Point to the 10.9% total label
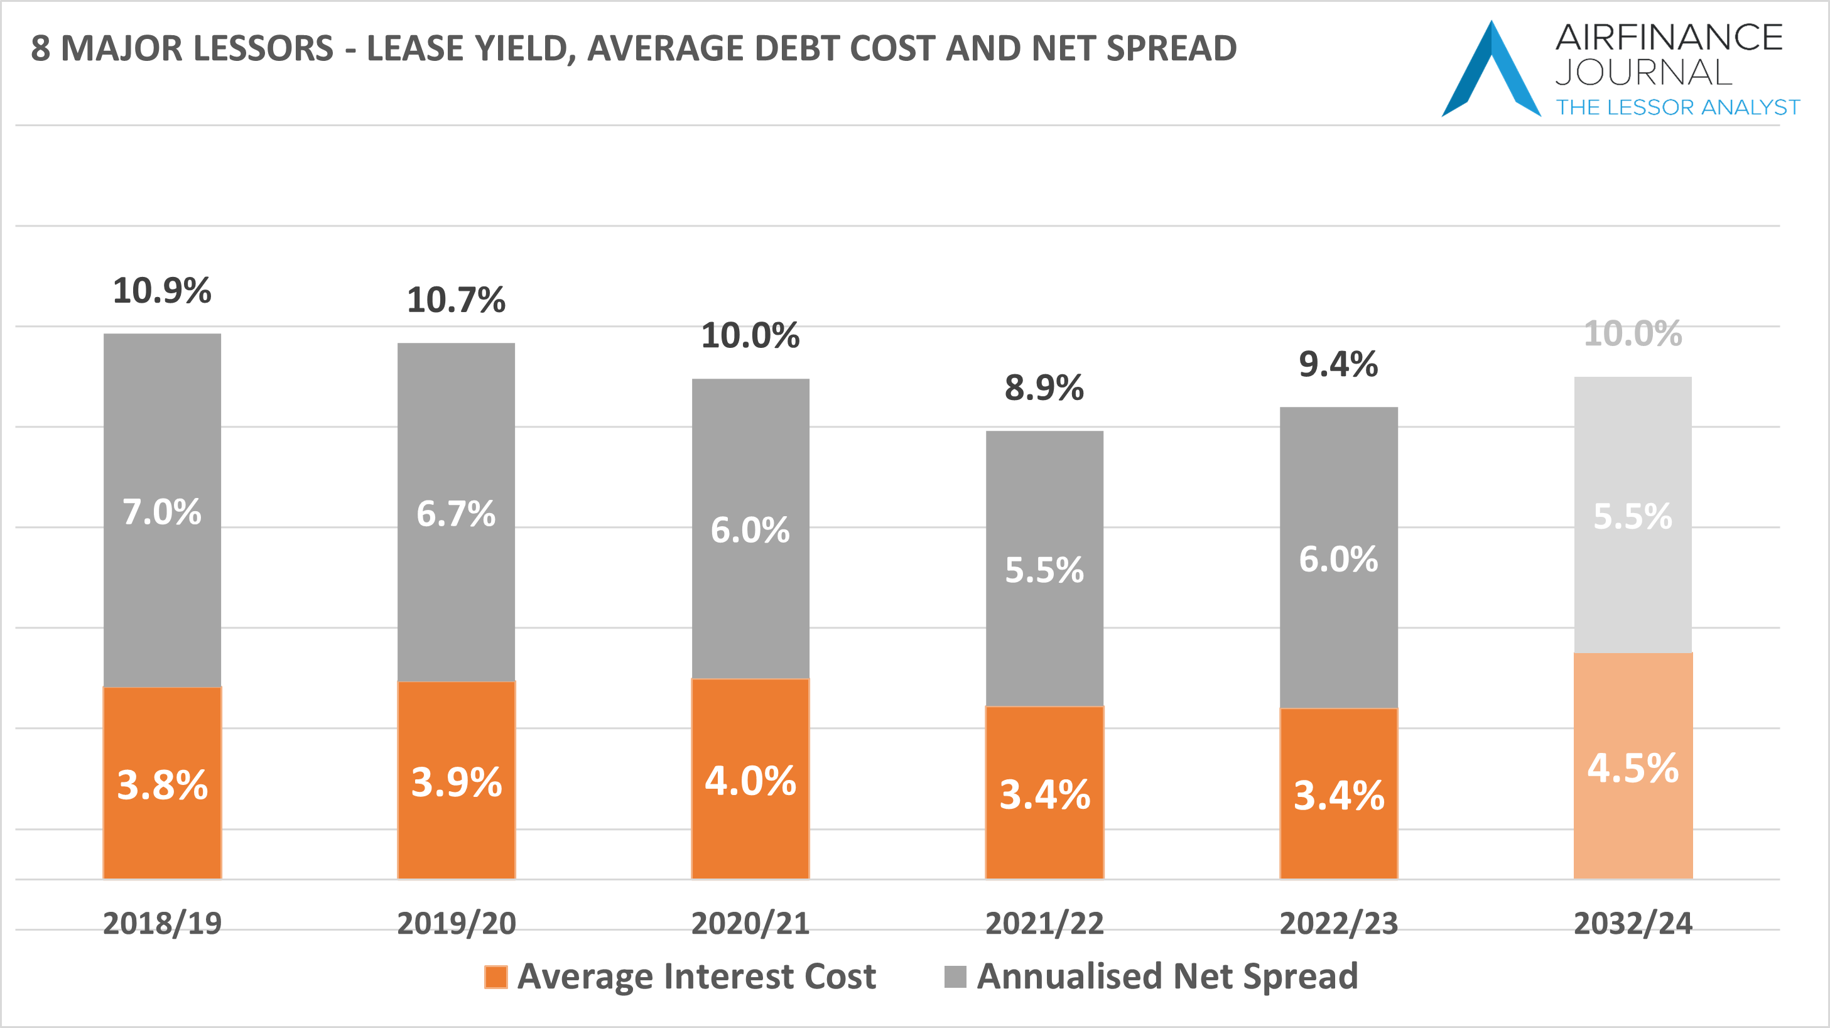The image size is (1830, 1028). (x=162, y=291)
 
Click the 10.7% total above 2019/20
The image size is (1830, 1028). (x=456, y=300)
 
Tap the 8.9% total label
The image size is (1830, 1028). (x=1044, y=388)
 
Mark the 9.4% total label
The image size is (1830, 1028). (x=1338, y=364)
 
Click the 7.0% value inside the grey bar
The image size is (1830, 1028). (x=162, y=512)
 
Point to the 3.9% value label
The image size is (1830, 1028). (x=456, y=782)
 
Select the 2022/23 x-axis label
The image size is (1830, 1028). (x=1338, y=924)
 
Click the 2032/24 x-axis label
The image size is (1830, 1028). (x=1633, y=924)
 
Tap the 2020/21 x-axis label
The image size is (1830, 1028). (x=750, y=924)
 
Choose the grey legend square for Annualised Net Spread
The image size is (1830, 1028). (x=955, y=977)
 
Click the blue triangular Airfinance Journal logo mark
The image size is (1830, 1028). (x=1491, y=71)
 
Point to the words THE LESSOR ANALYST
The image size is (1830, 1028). (x=1678, y=107)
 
